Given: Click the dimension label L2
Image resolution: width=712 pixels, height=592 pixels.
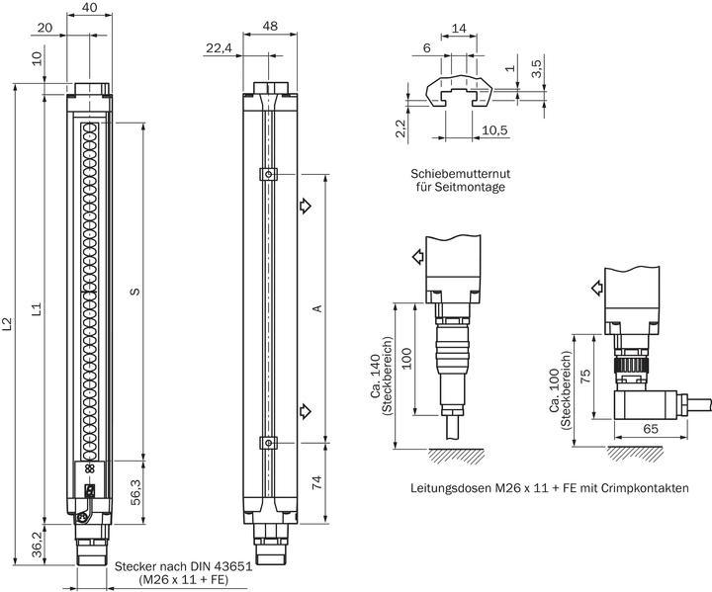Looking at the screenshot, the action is pyautogui.click(x=7, y=324).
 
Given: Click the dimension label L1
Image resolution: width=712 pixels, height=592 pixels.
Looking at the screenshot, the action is pyautogui.click(x=38, y=308).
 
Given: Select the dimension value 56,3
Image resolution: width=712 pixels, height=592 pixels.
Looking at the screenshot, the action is pyautogui.click(x=135, y=491).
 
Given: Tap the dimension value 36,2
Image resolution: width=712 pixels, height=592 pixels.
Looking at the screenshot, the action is pyautogui.click(x=38, y=545).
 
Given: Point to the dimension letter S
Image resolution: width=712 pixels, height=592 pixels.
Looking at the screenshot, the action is pyautogui.click(x=134, y=291).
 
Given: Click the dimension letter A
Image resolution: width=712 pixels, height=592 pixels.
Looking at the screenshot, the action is pyautogui.click(x=317, y=308).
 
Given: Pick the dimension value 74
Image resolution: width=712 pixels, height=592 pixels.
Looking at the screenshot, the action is pyautogui.click(x=317, y=481).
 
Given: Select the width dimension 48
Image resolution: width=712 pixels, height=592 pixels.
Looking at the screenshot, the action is pyautogui.click(x=270, y=26).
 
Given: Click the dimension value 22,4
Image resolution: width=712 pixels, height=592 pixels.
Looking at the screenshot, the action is pyautogui.click(x=219, y=47).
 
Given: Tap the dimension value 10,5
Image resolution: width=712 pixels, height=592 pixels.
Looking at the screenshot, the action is pyautogui.click(x=494, y=130).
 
